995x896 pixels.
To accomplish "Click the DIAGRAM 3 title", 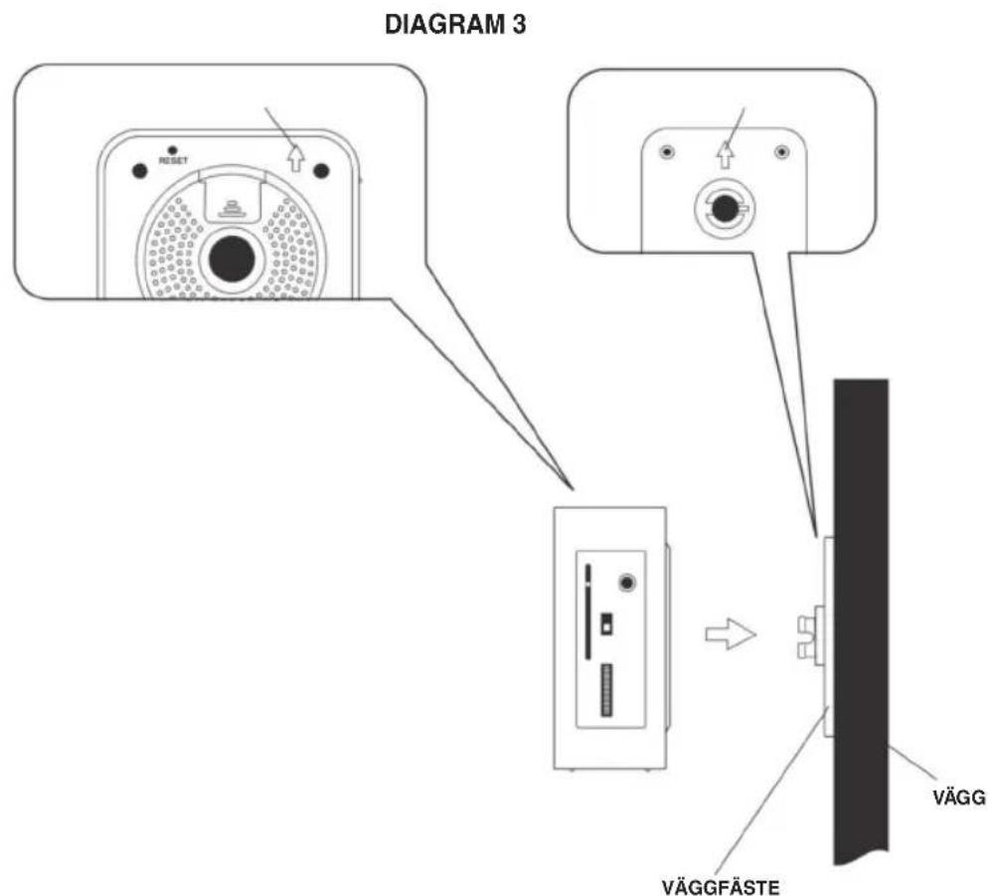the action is [455, 25].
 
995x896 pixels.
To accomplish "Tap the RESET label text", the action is [173, 161].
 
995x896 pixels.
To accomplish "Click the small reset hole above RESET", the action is [172, 150].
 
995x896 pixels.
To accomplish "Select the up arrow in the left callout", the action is [295, 158].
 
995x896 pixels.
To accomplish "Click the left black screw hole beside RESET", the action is [139, 170].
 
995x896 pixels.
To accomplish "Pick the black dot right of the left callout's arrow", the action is [322, 170].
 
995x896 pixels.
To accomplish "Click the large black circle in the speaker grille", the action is [232, 260].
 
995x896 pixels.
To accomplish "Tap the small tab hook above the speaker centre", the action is [233, 209].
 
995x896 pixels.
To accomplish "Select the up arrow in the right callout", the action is [725, 155].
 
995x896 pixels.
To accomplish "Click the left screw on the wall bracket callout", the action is [667, 152].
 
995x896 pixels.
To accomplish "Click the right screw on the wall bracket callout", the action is [781, 152].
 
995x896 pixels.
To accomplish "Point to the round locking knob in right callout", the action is [723, 208].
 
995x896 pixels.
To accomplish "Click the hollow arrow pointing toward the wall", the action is [731, 634].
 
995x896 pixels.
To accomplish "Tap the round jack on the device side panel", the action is [627, 583].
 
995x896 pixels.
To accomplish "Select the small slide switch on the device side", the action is [606, 623].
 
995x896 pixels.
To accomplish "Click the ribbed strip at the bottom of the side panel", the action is [607, 691].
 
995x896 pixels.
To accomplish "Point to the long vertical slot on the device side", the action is [587, 612].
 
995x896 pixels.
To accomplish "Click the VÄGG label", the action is [959, 797].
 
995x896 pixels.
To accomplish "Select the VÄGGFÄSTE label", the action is [721, 886].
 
